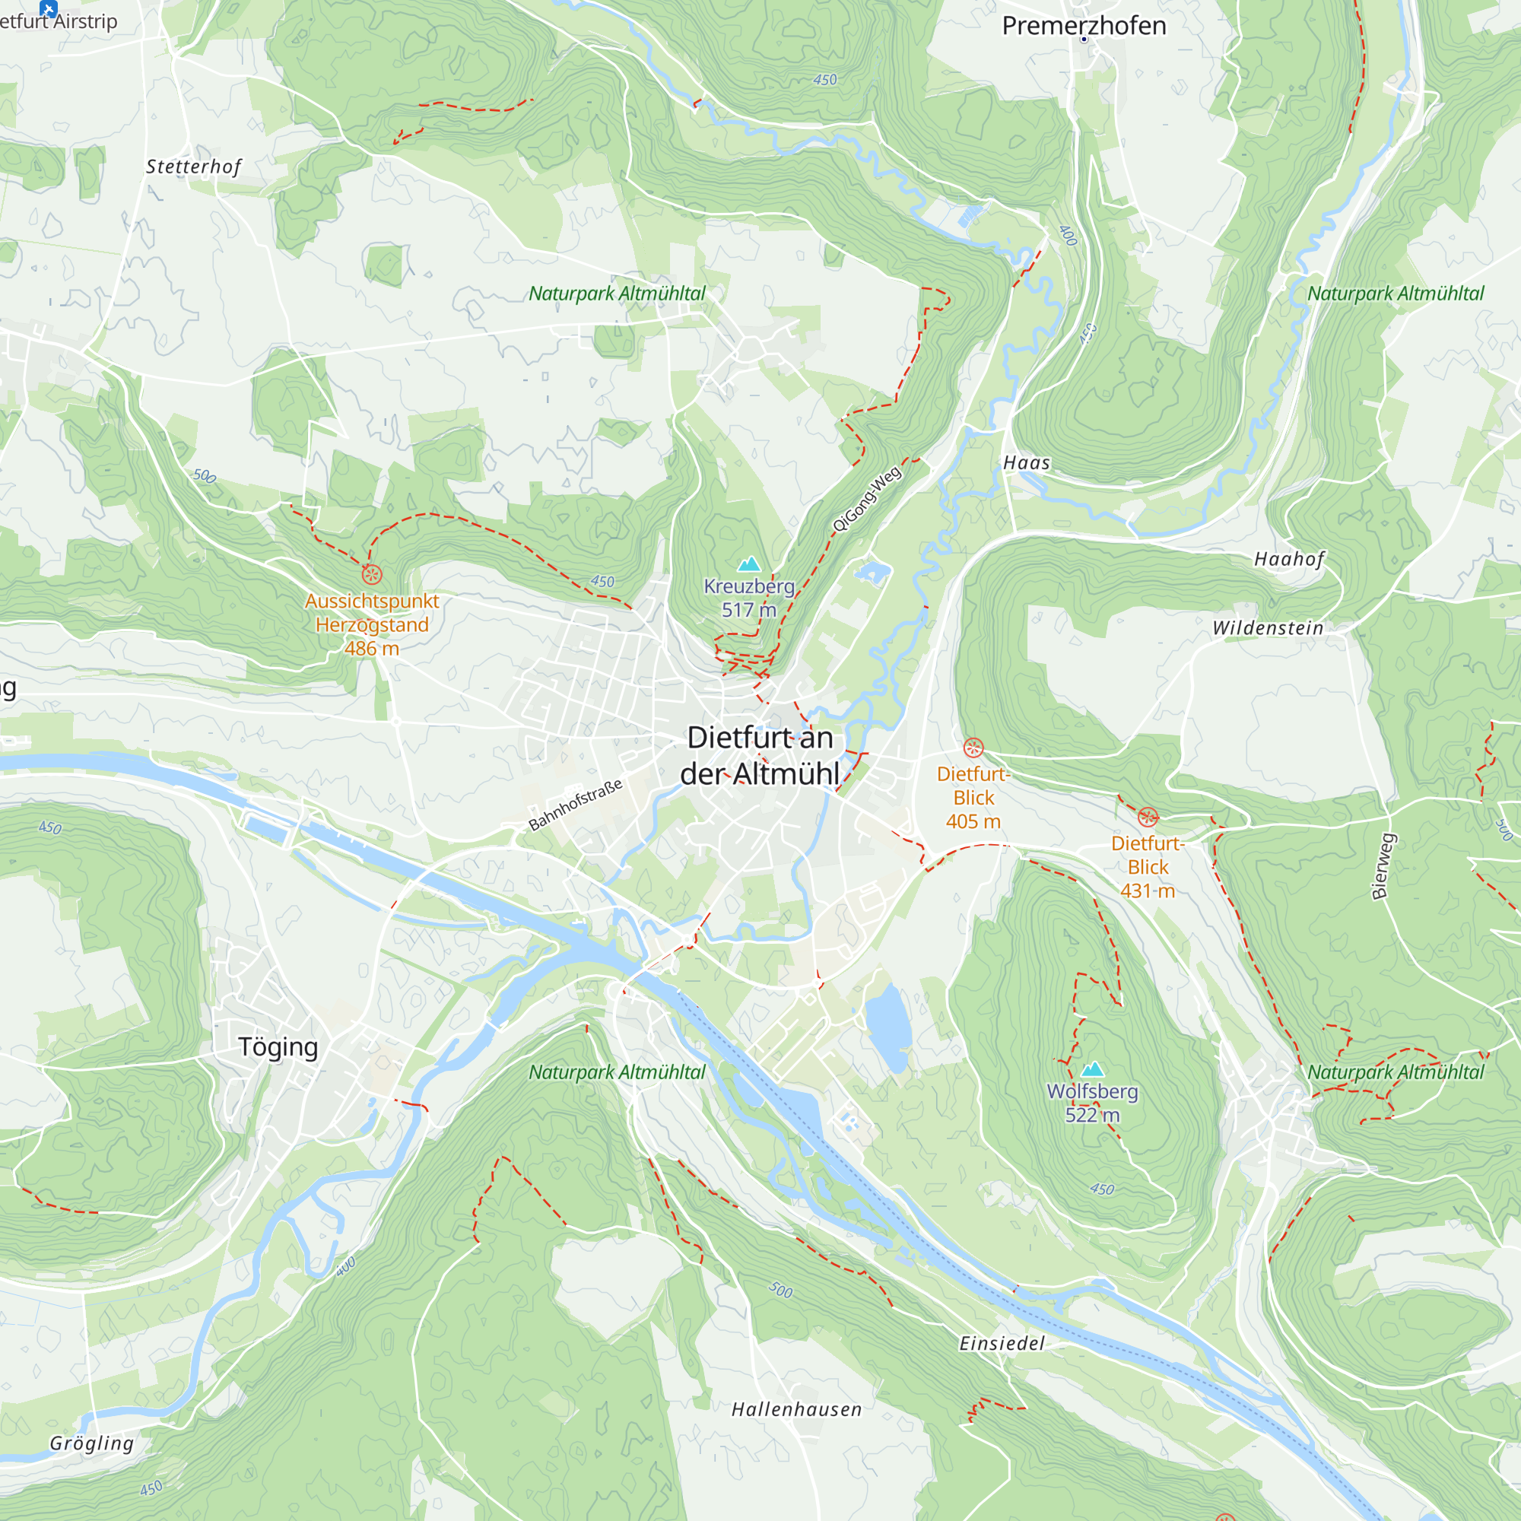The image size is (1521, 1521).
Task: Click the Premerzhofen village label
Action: coord(1083,25)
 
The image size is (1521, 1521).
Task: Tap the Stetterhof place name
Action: coord(193,167)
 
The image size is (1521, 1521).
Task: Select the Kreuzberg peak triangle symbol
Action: coord(748,564)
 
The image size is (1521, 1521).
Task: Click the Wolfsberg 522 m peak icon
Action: coord(1092,1069)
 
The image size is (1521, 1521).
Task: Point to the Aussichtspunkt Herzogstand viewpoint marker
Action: coord(373,574)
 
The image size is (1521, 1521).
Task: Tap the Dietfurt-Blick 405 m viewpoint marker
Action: coord(973,747)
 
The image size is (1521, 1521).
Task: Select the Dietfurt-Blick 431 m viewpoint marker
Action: coord(1148,816)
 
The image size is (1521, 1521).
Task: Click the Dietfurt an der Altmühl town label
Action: coord(760,756)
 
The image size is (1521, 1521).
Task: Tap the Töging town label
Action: coord(278,1047)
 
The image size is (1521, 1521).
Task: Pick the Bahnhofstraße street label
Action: coord(576,804)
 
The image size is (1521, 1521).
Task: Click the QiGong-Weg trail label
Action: coord(866,499)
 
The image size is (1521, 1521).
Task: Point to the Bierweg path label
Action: coord(1383,866)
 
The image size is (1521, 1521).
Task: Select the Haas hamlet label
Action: coord(1026,463)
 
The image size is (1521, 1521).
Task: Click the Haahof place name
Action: coord(1289,559)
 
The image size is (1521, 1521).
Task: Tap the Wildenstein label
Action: coord(1268,628)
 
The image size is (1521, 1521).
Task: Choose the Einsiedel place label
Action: coord(1002,1343)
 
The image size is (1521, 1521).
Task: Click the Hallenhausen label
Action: coord(796,1409)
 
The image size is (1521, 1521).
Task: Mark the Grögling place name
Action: coord(91,1443)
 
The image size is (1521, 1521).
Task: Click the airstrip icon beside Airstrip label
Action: coord(49,8)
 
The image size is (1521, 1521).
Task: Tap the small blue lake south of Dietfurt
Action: coord(888,1027)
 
